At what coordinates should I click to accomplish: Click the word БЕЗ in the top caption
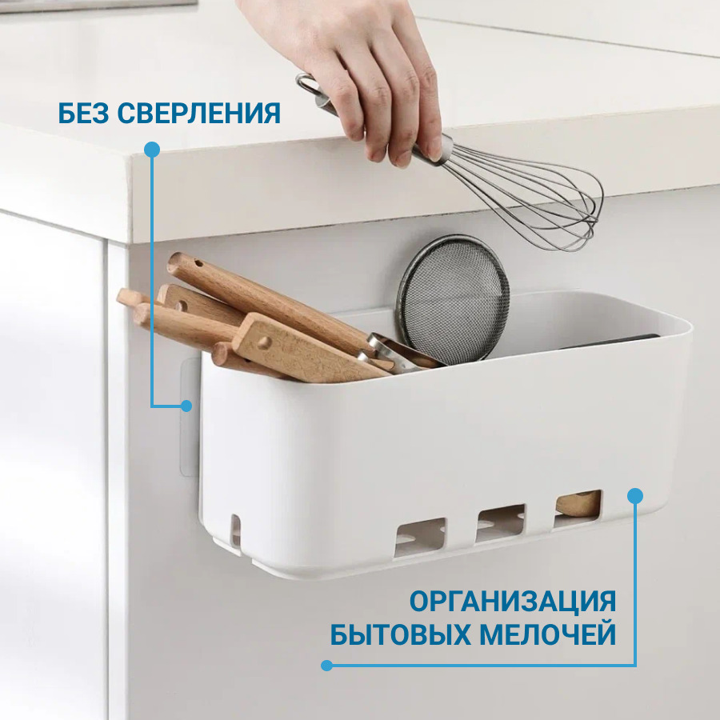click(x=84, y=113)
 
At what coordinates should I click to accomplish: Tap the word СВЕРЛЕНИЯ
click(x=199, y=113)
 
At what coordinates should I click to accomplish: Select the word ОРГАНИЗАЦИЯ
click(x=513, y=602)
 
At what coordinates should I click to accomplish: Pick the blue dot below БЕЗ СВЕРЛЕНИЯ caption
click(x=152, y=150)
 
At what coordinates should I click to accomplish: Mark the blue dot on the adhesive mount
click(x=186, y=406)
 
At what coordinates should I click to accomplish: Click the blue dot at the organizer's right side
click(x=635, y=496)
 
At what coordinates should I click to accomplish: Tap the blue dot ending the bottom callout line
click(x=326, y=666)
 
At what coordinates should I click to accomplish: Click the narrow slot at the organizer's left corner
click(x=235, y=530)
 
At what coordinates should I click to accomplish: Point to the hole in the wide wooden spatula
click(x=263, y=342)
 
